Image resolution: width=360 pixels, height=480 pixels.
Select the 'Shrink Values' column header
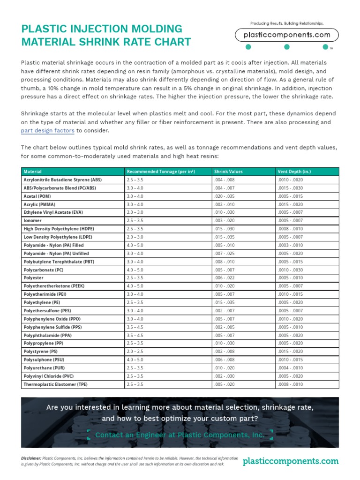[x=228, y=172]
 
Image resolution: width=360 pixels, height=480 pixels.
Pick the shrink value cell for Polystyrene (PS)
[x=224, y=352]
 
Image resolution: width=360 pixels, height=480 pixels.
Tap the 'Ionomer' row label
[x=32, y=221]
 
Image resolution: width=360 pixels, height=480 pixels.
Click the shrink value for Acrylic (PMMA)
[x=224, y=204]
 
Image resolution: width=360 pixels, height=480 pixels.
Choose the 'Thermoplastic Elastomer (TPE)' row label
[x=56, y=384]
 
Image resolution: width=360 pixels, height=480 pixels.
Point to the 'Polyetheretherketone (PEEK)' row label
[x=54, y=286]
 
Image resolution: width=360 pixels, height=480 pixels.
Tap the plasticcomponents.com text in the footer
[x=291, y=461]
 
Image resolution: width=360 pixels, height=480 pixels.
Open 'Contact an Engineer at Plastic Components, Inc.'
[x=180, y=435]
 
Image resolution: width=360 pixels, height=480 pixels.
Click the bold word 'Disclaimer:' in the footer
[x=31, y=457]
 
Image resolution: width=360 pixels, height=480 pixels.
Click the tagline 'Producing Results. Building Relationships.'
[x=286, y=23]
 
